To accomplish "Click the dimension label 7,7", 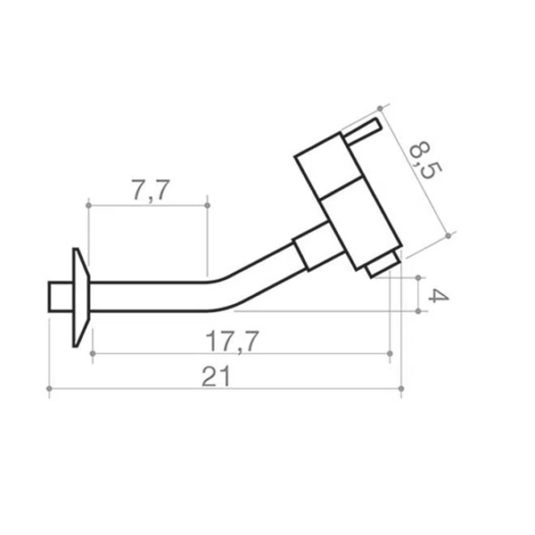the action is point(150,190).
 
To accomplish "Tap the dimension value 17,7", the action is point(232,342).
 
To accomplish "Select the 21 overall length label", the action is point(216,377).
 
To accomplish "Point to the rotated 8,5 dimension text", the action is point(424,160).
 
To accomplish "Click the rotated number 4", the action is point(439,296).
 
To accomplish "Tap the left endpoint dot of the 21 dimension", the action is point(49,388).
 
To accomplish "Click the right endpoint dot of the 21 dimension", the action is point(401,388).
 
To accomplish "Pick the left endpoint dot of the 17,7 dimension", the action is point(93,353).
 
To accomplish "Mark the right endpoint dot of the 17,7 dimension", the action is point(390,353).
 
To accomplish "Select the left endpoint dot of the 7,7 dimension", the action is point(89,205).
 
